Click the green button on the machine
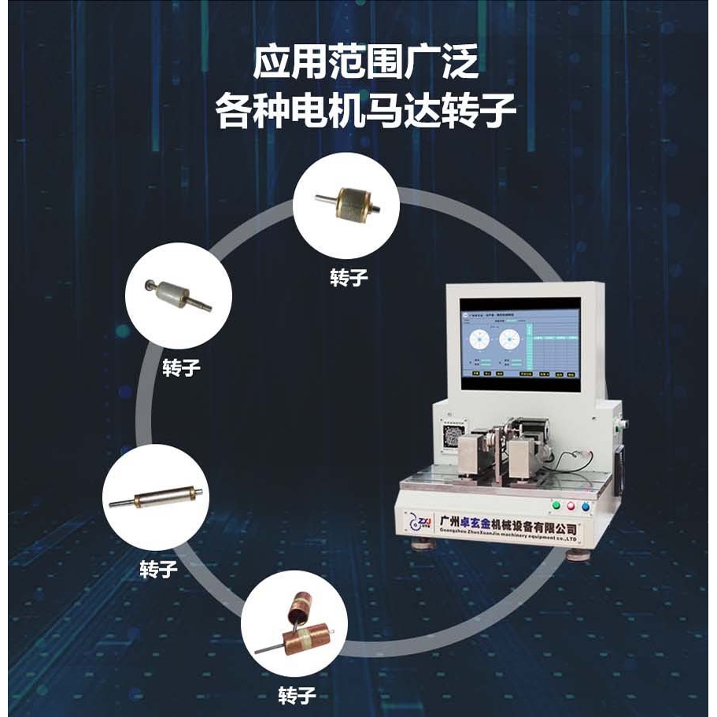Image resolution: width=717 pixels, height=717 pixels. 556,505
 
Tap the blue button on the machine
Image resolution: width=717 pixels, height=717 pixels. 584,506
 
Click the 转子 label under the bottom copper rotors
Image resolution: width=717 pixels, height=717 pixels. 297,695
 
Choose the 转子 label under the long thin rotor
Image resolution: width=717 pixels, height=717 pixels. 158,568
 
